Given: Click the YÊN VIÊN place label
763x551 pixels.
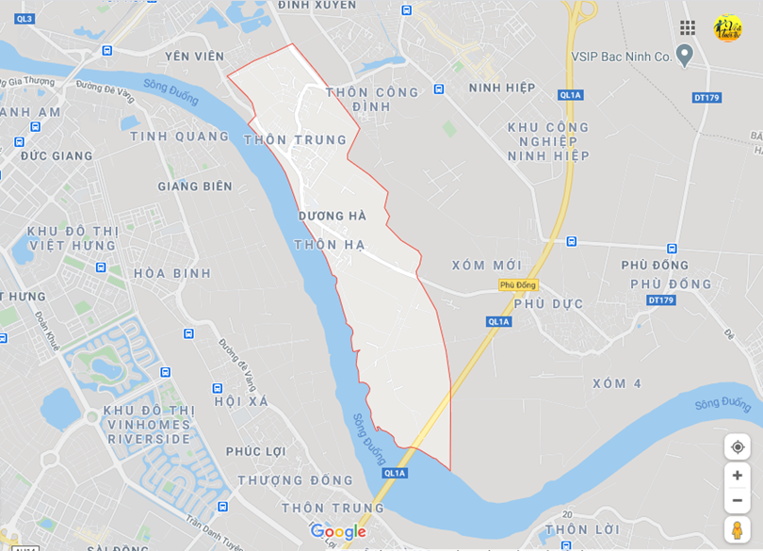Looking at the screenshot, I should [x=194, y=57].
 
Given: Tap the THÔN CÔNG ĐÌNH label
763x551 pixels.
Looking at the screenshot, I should [x=371, y=99].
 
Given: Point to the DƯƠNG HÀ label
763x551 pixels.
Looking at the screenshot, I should [x=332, y=216].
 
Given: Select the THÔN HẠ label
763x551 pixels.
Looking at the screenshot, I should [x=329, y=244].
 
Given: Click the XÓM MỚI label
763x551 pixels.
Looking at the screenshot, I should [x=486, y=266].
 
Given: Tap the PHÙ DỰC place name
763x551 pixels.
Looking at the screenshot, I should [x=548, y=303].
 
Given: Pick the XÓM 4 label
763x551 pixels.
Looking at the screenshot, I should [x=617, y=383].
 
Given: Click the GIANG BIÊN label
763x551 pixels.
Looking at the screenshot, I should [x=195, y=186].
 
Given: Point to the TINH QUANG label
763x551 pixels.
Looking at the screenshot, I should [x=180, y=137].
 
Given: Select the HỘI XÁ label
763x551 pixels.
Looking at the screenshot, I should [x=241, y=401].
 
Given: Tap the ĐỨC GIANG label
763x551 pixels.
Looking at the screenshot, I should [x=57, y=156].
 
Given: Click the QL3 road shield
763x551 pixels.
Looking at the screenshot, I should [x=24, y=19].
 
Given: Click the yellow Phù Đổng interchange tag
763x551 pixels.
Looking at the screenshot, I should [x=517, y=284].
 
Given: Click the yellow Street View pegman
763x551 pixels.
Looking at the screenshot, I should [x=737, y=529].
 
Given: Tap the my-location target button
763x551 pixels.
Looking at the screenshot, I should [x=737, y=446].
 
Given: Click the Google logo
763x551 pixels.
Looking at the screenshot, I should [x=337, y=532].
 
